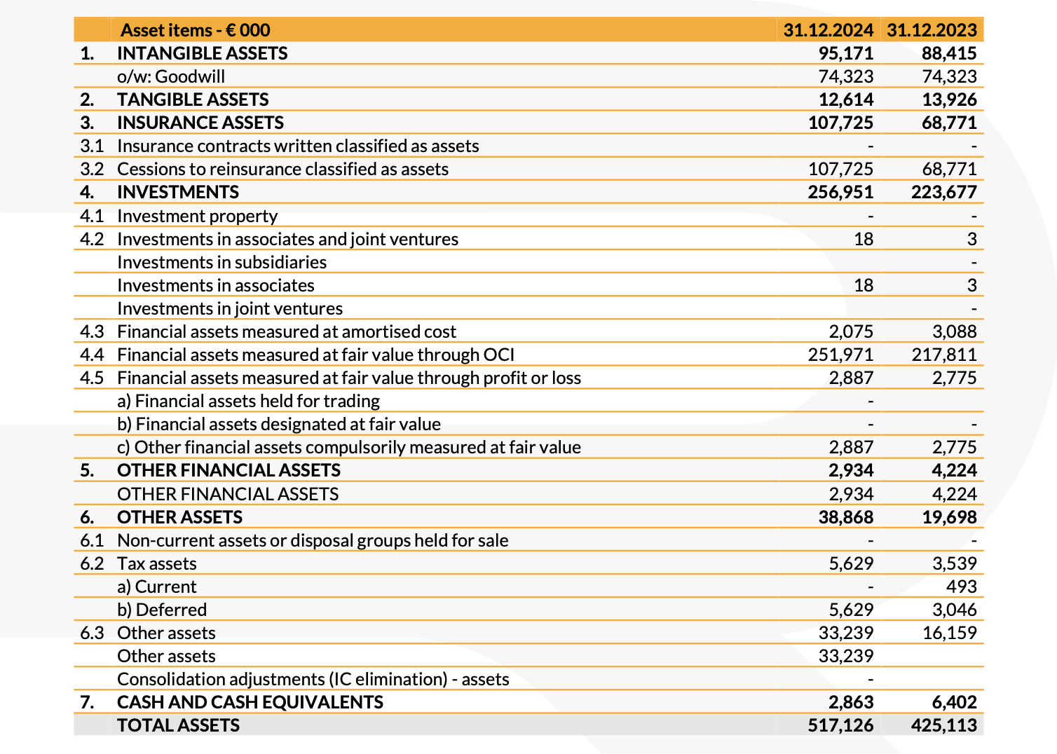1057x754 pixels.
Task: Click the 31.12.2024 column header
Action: (x=828, y=30)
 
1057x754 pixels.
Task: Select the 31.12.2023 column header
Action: (x=932, y=30)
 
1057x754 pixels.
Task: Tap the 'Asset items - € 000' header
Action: (x=195, y=30)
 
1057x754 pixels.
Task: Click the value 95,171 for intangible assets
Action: (x=846, y=53)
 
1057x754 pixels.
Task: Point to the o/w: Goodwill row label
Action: (x=171, y=76)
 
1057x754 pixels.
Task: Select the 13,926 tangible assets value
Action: (x=949, y=100)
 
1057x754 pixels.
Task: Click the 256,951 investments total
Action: (x=840, y=192)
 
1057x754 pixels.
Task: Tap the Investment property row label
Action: (x=197, y=216)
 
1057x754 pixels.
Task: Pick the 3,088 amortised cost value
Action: (x=954, y=331)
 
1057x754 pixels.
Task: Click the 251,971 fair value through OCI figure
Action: (x=840, y=355)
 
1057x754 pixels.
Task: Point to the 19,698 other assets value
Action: (x=949, y=517)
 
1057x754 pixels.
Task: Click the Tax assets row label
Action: (x=156, y=563)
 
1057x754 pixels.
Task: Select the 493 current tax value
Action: (x=961, y=587)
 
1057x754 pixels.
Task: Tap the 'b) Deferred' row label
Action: (x=162, y=610)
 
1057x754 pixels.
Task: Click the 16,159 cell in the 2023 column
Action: (x=949, y=633)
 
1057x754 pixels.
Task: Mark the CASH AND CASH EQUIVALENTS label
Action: (x=250, y=702)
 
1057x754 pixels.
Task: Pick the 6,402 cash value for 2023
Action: (x=954, y=702)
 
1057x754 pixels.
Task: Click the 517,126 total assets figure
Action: (x=840, y=725)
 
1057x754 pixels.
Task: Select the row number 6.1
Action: (x=92, y=540)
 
